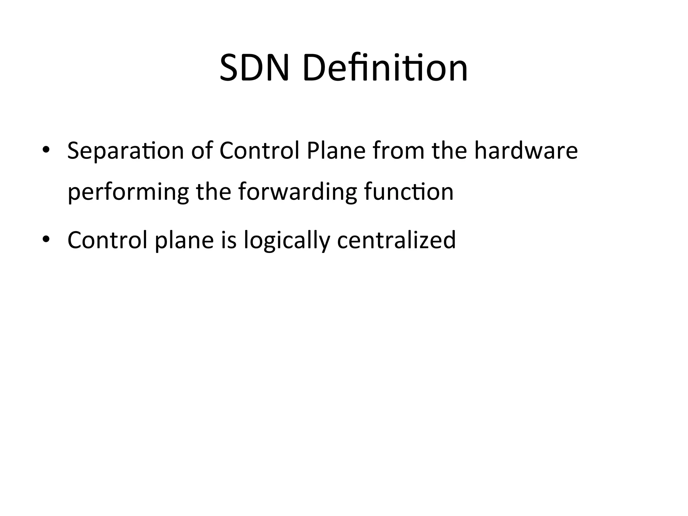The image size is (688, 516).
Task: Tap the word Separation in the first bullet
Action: click(x=125, y=151)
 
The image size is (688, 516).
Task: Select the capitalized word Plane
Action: click(x=336, y=151)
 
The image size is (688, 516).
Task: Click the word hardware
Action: click(x=526, y=151)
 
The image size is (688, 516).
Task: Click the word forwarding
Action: click(x=297, y=192)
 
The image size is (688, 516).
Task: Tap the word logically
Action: click(x=287, y=241)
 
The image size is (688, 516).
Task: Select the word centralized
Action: click(x=396, y=240)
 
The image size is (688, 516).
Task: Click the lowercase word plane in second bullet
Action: click(x=184, y=241)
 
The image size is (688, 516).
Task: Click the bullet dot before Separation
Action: click(x=46, y=149)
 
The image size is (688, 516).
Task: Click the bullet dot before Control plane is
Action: click(x=46, y=239)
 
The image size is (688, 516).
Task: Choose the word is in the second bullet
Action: click(x=228, y=240)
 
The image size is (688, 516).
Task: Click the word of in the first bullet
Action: click(x=202, y=151)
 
